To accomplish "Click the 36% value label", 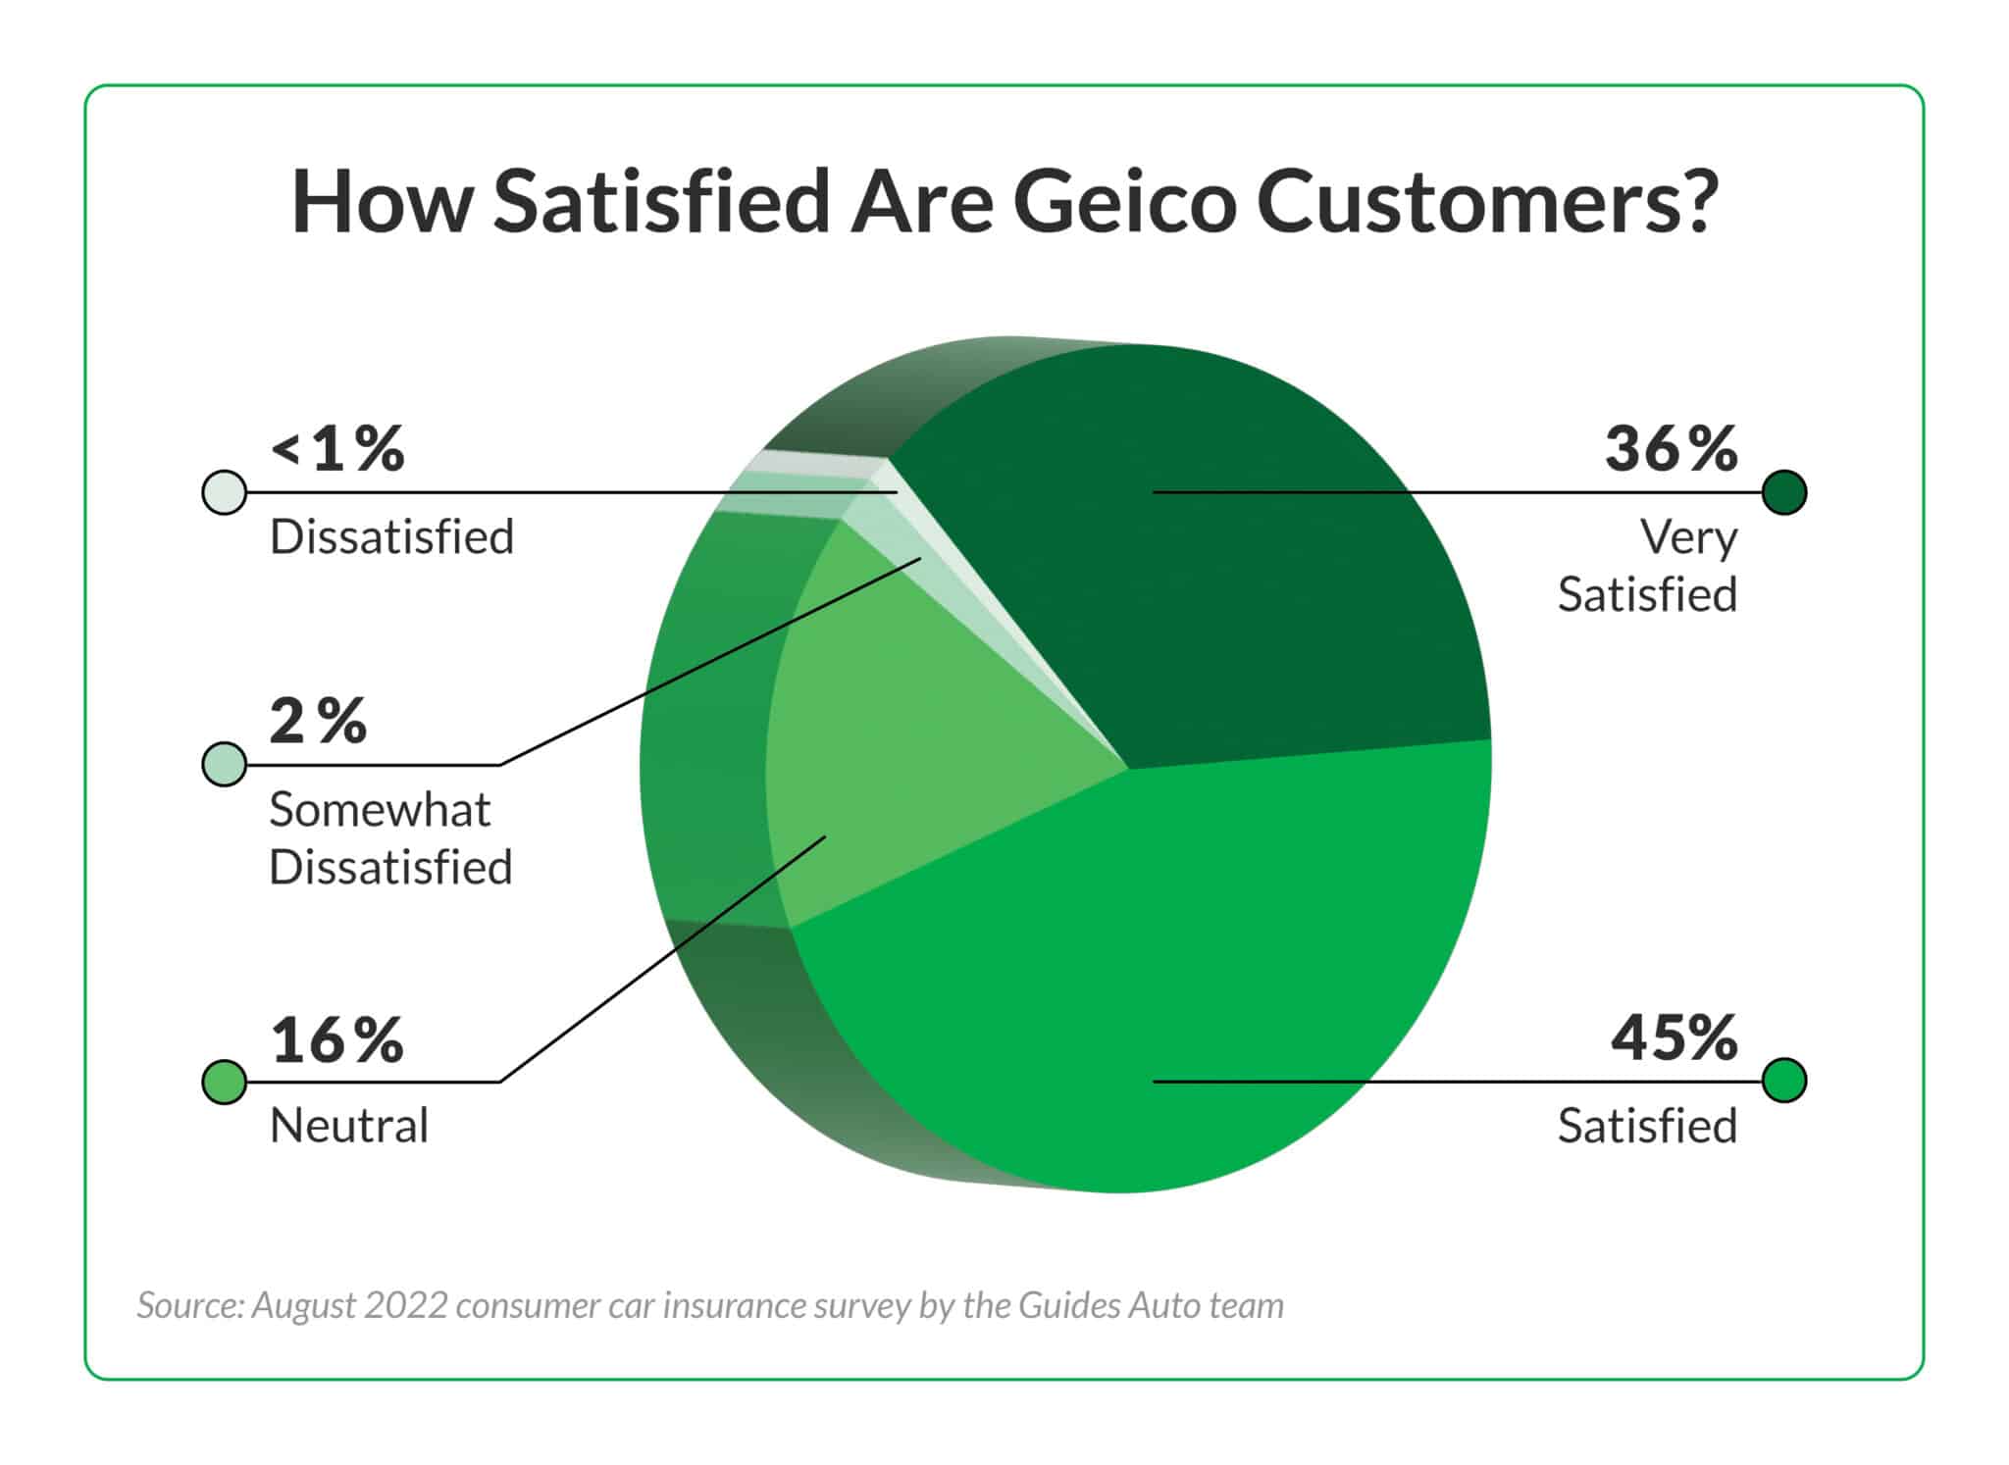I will click(1671, 449).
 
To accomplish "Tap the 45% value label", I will click(1674, 1037).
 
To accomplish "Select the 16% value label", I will click(336, 1040).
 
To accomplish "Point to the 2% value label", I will click(318, 722).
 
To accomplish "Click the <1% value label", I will click(337, 449).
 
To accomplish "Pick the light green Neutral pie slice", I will click(902, 745).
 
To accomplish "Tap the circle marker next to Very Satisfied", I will click(1783, 492).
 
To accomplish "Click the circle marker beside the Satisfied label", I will click(1783, 1081).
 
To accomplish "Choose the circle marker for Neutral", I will click(224, 1082).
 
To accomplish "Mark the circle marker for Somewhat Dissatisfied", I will click(224, 764).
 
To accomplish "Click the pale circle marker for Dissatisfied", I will click(224, 492).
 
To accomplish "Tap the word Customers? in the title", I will click(1486, 202).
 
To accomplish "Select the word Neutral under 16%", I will click(349, 1126).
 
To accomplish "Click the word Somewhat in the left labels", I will click(380, 810).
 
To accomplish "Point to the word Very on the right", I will click(1688, 537).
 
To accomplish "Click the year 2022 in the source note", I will click(405, 1306).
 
